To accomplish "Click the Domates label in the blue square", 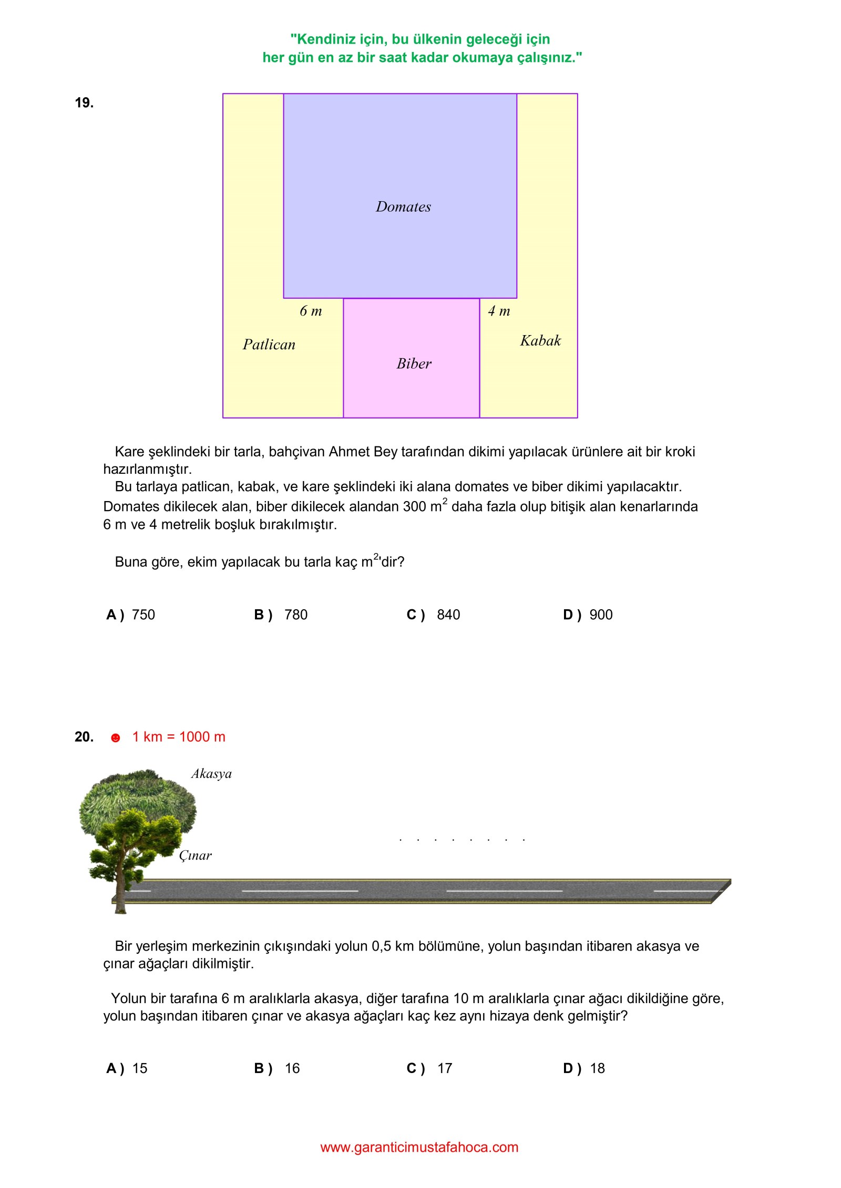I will coord(403,207).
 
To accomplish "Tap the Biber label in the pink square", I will coord(414,363).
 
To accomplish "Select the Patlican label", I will coord(269,345).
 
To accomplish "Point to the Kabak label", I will coord(540,341).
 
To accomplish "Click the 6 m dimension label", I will coord(311,311).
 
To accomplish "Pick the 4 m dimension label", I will coord(499,311).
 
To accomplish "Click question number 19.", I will coord(84,103).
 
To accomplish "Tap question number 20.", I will coord(84,737).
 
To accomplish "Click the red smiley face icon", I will coord(116,738).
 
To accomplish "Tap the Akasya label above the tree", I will coord(211,774).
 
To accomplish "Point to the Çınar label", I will coord(195,856).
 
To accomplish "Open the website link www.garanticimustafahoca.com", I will coord(419,1147).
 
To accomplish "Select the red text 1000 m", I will coord(202,737).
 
